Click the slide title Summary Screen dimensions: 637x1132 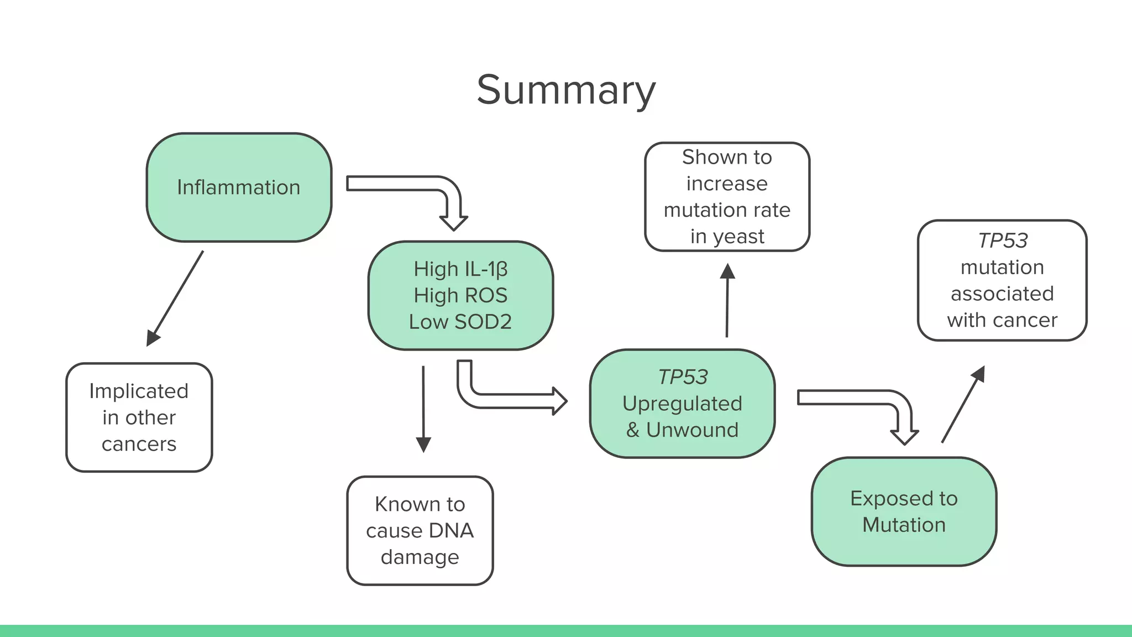click(566, 90)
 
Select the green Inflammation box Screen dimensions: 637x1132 click(239, 187)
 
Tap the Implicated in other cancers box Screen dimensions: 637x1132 click(139, 417)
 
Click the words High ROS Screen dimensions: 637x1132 click(460, 295)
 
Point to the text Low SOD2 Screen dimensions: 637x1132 click(460, 322)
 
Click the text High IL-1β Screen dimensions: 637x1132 click(460, 269)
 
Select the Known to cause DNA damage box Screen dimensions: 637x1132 click(420, 530)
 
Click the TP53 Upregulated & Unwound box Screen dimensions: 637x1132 click(682, 404)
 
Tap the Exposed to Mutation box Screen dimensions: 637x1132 click(904, 511)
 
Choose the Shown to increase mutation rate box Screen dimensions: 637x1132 click(727, 196)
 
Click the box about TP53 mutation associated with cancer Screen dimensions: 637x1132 click(1002, 280)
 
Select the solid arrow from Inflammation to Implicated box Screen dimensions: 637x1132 click(176, 299)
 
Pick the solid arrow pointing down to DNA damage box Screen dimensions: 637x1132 click(423, 409)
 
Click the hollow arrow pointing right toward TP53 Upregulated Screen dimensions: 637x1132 click(509, 401)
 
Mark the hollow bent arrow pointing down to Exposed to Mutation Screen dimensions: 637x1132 click(862, 398)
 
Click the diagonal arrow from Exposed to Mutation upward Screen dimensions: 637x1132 click(963, 404)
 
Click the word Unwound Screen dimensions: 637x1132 click(692, 430)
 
